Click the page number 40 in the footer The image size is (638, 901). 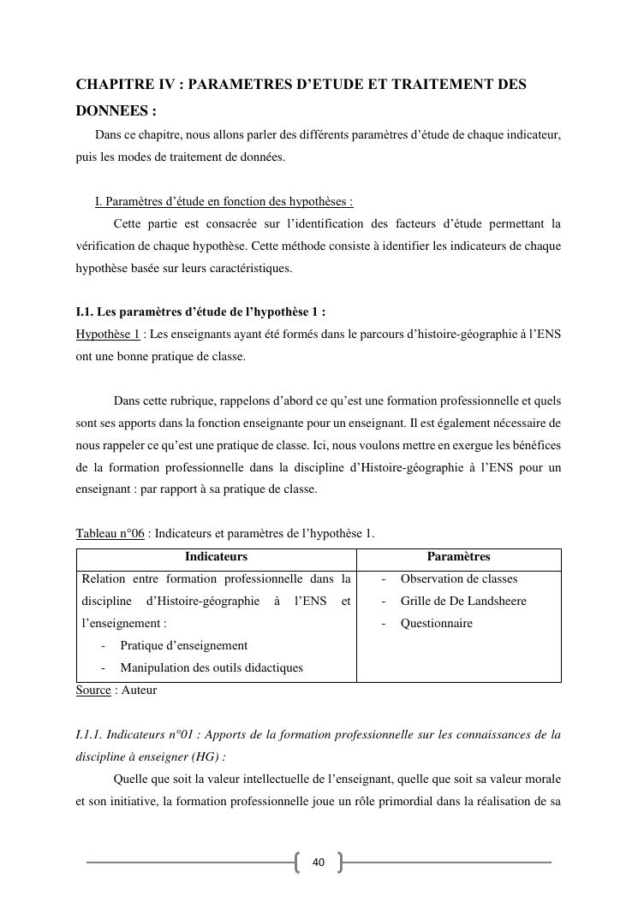[x=319, y=862]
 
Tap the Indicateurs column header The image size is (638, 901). [x=216, y=557]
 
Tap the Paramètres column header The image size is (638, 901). [x=458, y=557]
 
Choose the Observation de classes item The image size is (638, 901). [x=459, y=579]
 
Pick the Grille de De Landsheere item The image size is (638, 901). [x=463, y=602]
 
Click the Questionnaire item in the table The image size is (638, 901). [x=436, y=624]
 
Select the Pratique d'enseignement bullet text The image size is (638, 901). [x=183, y=646]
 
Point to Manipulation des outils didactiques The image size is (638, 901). [x=211, y=668]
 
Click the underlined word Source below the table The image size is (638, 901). [x=93, y=690]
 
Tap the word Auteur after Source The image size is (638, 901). [x=139, y=690]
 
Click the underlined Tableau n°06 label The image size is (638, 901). [x=110, y=535]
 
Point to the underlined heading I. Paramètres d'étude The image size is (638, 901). [x=224, y=202]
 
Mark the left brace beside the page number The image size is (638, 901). [x=298, y=862]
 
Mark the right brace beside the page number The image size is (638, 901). [x=339, y=862]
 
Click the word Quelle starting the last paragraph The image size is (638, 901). [x=130, y=779]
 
